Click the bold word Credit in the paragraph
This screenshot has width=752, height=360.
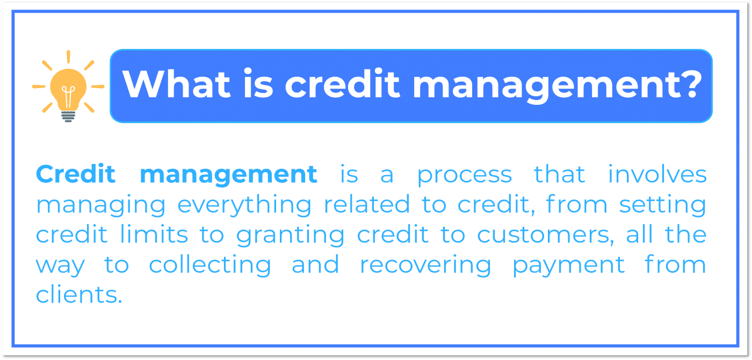pyautogui.click(x=76, y=174)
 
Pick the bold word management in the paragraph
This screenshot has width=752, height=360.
pyautogui.click(x=228, y=175)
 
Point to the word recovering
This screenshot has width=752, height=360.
pyautogui.click(x=425, y=265)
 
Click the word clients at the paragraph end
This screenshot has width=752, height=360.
pyautogui.click(x=78, y=294)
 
